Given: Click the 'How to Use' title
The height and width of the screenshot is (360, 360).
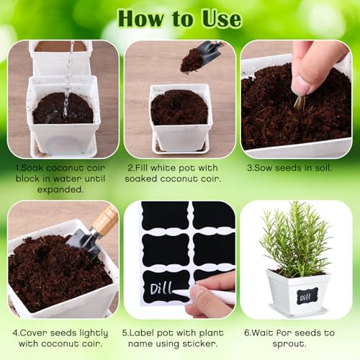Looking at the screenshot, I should [179, 17].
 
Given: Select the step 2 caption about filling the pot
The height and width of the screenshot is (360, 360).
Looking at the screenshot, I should [179, 174].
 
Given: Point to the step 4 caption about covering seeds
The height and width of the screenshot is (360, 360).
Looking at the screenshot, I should [62, 338].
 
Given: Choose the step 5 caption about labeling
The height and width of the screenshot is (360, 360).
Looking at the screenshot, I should [179, 338].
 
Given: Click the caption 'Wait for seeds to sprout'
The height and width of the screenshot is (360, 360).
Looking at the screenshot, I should [297, 338].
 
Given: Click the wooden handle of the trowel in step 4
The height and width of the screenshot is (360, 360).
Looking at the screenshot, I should [105, 219].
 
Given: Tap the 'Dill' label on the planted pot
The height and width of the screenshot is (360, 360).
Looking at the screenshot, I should [307, 295].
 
